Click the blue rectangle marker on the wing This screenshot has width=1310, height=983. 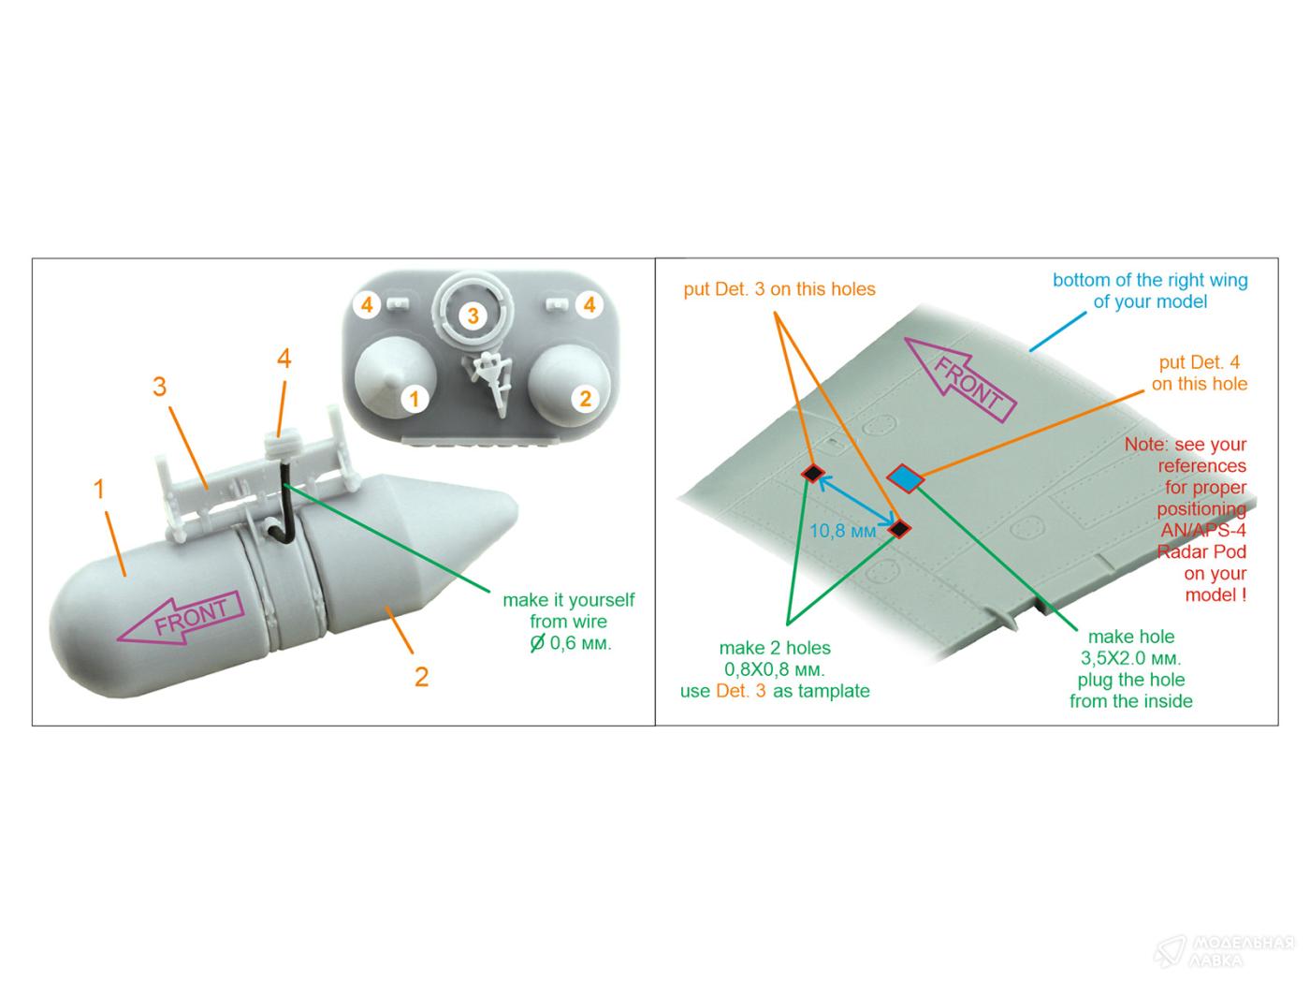coord(905,478)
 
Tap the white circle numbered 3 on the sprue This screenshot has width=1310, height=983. coord(473,315)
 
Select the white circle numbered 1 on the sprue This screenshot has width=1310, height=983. coord(413,399)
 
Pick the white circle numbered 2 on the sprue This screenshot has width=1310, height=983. coord(585,399)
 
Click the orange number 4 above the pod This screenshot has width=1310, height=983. coord(284,359)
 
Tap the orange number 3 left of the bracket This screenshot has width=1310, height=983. coord(160,387)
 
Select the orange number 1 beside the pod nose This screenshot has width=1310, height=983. coord(99,489)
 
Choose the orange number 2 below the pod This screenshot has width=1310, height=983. coord(421,676)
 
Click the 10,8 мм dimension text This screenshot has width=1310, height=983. coord(842,532)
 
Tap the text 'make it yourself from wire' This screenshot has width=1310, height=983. coord(568,610)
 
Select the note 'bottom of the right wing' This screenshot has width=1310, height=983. coord(1150,290)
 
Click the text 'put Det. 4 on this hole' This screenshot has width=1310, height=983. coord(1200,373)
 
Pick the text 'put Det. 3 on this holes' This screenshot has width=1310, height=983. coord(779,289)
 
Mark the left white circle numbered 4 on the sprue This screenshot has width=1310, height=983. coord(367,305)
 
